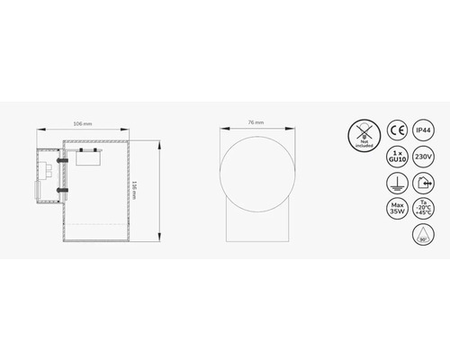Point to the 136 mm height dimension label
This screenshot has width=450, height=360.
pyautogui.click(x=134, y=191)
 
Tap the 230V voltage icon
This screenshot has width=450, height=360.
pyautogui.click(x=422, y=157)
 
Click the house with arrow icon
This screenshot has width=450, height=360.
pyautogui.click(x=422, y=184)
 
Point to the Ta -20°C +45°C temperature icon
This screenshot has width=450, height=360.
pyautogui.click(x=422, y=210)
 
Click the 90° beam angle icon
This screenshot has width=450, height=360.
pyautogui.click(x=422, y=236)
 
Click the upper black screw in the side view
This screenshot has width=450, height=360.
pyautogui.click(x=62, y=161)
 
